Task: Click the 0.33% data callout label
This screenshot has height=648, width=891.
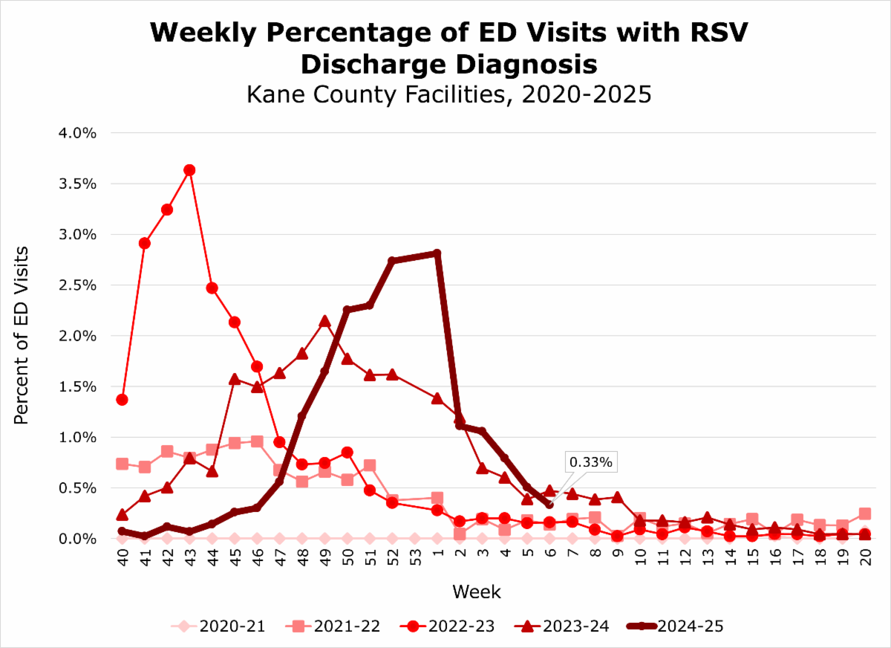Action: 591,462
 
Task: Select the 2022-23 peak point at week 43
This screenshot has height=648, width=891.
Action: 189,170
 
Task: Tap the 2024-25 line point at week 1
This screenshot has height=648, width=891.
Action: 437,253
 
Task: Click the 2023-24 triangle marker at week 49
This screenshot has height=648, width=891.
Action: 324,321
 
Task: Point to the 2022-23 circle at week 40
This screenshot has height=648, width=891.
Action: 122,400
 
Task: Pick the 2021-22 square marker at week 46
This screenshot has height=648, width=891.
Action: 257,441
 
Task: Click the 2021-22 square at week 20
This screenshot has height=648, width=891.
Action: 865,513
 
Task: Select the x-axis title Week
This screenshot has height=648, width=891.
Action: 476,592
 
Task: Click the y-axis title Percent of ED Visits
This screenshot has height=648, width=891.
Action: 22,335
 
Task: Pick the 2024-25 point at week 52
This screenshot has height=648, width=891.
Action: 392,261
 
